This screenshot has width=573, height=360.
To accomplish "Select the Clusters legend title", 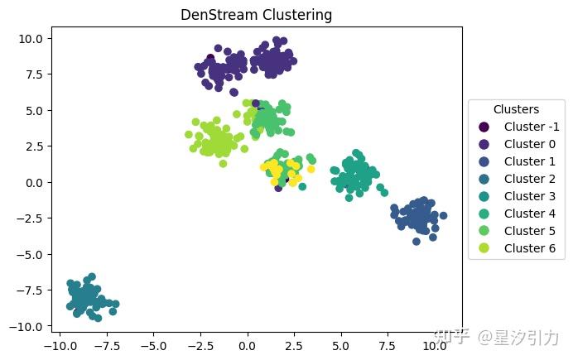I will coord(516,109).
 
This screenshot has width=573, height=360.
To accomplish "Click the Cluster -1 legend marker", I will coord(484,127).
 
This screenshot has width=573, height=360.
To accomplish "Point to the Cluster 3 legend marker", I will coord(484,196).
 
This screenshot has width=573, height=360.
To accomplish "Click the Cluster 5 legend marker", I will coord(484,231).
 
